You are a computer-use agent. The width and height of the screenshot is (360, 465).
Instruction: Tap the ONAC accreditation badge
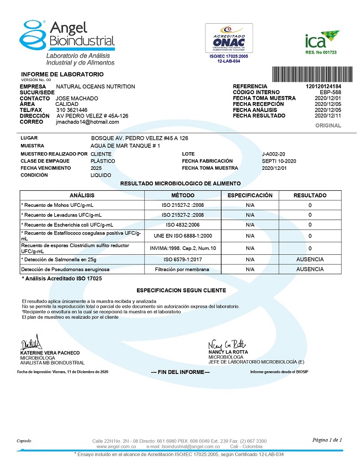point(229,38)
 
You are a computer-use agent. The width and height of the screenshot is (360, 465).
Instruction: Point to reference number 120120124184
point(323,87)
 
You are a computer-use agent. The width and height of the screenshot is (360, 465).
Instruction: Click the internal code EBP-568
point(331,92)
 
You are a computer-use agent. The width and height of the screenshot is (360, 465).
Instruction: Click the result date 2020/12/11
point(328,116)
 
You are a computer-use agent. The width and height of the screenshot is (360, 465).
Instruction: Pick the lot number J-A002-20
point(274,153)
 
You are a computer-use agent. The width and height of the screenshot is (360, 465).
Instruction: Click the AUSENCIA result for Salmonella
point(310,259)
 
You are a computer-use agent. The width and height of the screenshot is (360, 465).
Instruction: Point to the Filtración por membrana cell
point(182,269)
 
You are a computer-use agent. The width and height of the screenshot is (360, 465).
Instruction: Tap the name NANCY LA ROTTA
point(228,351)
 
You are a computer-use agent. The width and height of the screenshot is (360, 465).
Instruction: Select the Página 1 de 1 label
point(327,440)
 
